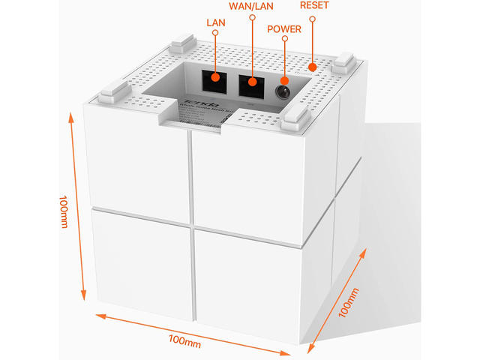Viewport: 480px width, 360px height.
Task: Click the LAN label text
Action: [x=215, y=23]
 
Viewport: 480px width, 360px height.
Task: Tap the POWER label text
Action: [x=283, y=30]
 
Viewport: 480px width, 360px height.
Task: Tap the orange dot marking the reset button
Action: [x=313, y=67]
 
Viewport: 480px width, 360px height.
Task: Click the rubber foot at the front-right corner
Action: [x=295, y=118]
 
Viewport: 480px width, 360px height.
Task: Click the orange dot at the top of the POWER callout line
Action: [x=284, y=42]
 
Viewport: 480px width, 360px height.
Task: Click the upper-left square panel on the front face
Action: [x=139, y=166]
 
